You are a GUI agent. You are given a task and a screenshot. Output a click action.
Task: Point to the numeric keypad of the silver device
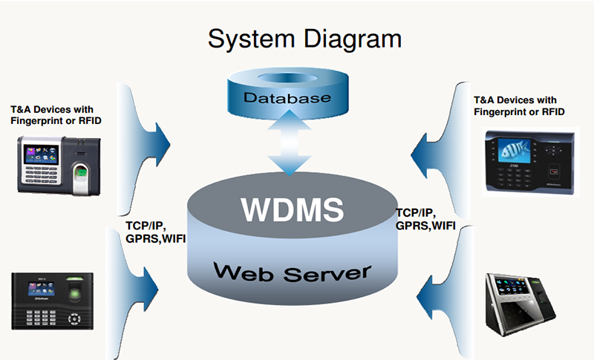[39, 177]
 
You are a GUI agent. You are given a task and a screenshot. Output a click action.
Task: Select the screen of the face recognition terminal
[512, 287]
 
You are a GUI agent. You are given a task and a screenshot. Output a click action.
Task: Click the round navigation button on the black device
[74, 318]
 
